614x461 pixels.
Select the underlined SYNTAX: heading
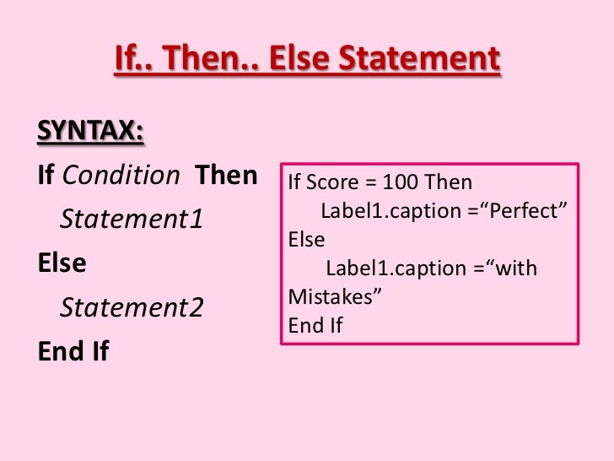point(90,132)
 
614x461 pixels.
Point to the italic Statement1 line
point(132,220)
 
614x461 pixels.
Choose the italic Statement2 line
point(132,307)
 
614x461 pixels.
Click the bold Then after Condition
point(226,176)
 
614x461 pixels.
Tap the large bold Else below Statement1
point(62,263)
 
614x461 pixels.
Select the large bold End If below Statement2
point(73,350)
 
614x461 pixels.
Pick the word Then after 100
point(449,182)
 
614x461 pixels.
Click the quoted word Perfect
point(522,211)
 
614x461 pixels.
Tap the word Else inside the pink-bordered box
point(306,240)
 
